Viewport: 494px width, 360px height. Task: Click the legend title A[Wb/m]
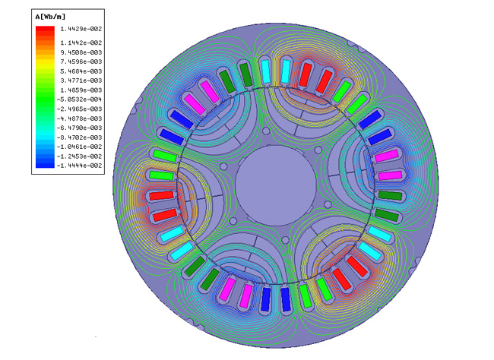click(x=50, y=17)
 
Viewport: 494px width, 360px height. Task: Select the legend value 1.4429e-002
click(x=81, y=29)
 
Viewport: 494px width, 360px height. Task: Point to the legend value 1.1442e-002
click(x=81, y=43)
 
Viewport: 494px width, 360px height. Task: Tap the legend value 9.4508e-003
click(x=81, y=52)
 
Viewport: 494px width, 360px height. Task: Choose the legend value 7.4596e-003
click(x=81, y=62)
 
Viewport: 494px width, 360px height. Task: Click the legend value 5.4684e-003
click(x=81, y=71)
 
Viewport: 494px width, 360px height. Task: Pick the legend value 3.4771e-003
click(x=81, y=81)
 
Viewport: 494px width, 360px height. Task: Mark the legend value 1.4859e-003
click(x=81, y=90)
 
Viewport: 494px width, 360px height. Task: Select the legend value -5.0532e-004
click(x=79, y=99)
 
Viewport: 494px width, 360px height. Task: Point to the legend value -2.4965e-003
click(x=79, y=109)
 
